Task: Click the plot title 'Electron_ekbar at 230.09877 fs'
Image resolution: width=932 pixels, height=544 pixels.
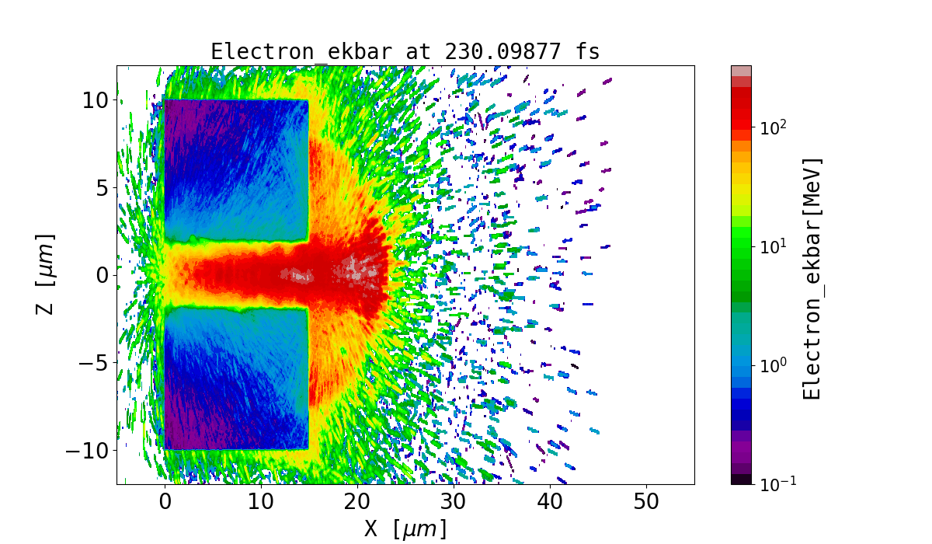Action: coord(405,52)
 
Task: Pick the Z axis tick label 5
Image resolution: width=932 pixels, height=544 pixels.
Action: coord(102,187)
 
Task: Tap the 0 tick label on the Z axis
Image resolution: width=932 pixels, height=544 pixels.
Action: coord(102,275)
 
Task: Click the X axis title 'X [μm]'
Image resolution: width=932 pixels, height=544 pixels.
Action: coord(405,529)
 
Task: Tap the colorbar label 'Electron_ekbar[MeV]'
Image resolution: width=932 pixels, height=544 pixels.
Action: coord(812,278)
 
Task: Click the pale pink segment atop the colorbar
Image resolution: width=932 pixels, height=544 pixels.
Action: coord(741,70)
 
